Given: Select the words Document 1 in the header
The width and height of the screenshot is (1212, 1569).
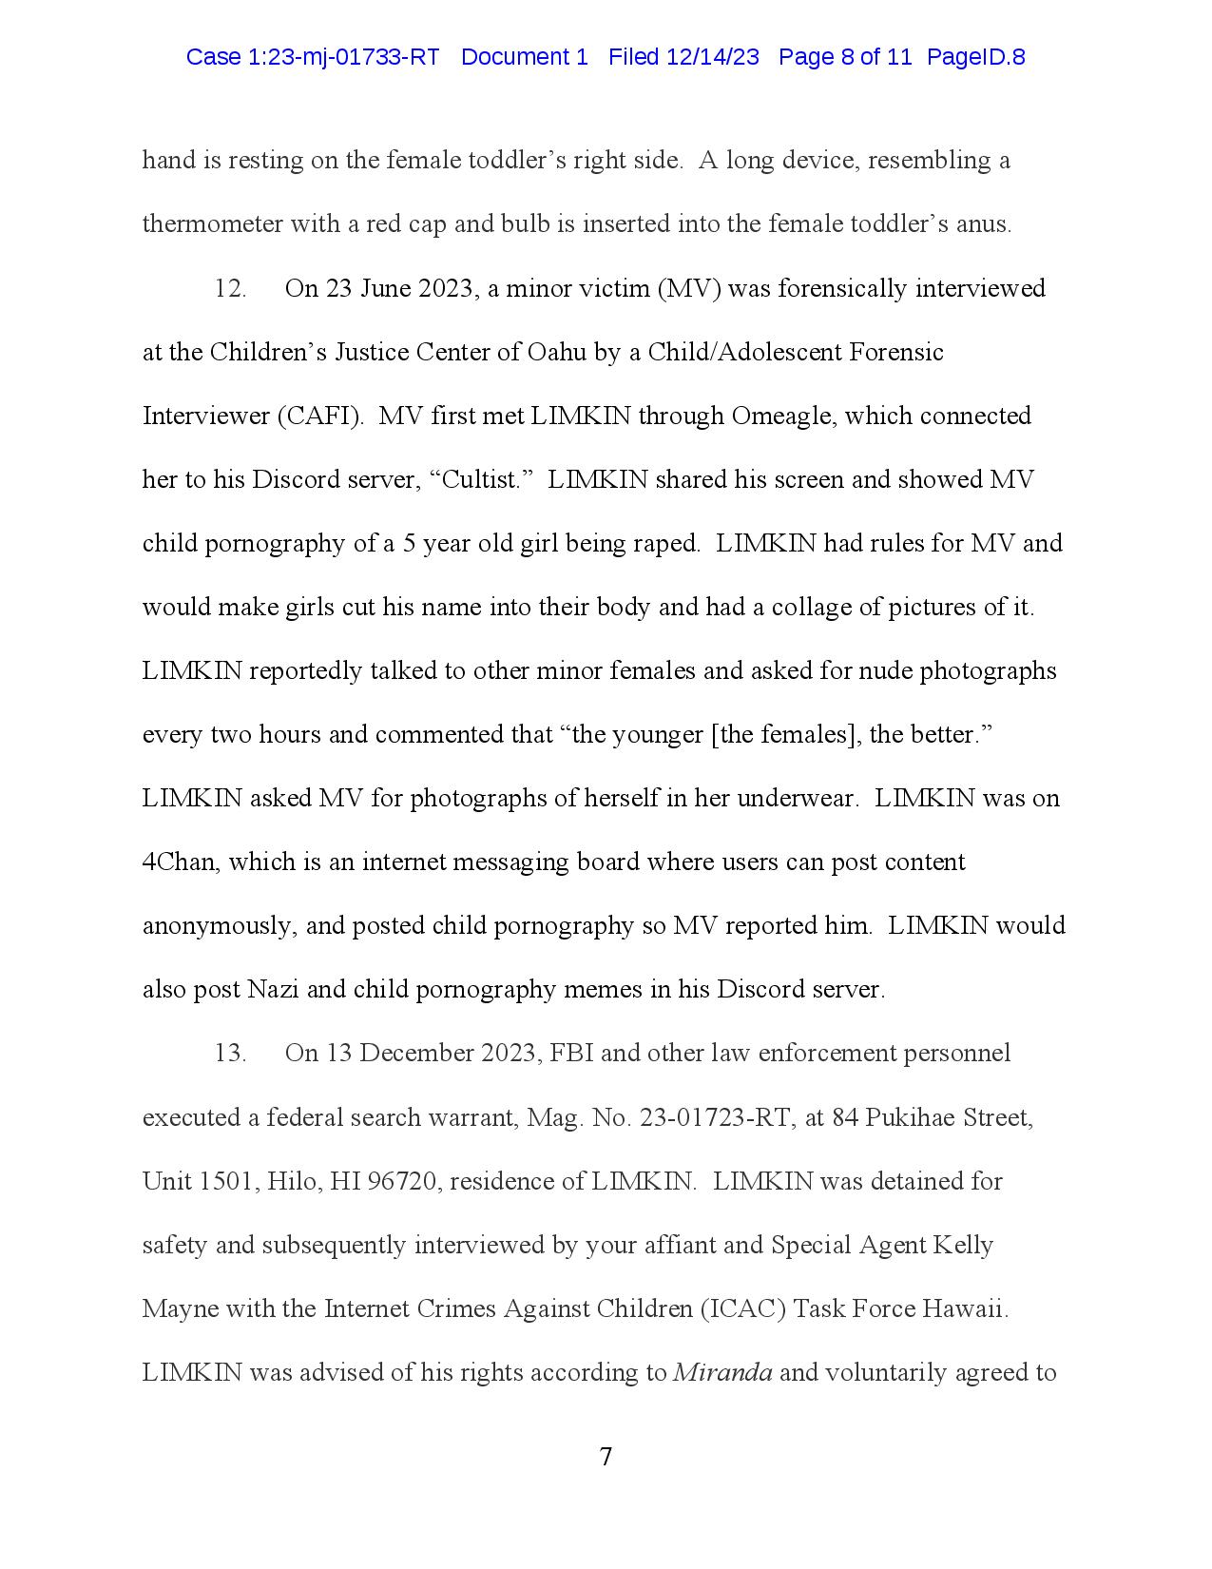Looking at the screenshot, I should click(525, 57).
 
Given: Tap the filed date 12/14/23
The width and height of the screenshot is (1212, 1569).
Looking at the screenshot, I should click(713, 57).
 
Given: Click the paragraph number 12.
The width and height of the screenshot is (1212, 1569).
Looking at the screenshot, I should click(230, 288).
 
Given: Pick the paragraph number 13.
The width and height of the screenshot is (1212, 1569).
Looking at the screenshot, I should click(230, 1054).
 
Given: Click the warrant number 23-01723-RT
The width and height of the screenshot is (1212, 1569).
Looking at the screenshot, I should click(715, 1117).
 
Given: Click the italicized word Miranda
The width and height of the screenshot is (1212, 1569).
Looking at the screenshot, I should click(722, 1373).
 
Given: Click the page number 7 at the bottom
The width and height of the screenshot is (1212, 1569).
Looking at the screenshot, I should click(606, 1457).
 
